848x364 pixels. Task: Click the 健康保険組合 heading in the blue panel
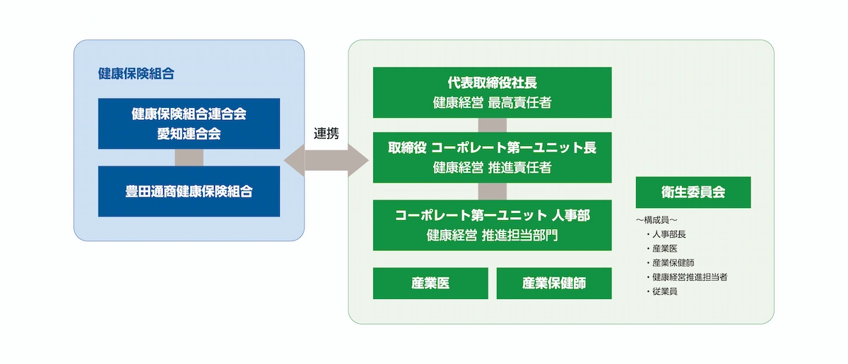(136, 73)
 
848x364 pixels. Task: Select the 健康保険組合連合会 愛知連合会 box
(189, 123)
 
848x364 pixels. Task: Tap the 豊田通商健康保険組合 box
(189, 191)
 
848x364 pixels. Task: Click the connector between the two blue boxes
(189, 157)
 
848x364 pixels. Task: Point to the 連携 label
(326, 133)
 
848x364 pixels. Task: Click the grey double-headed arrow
(326, 162)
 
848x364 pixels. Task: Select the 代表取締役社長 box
(492, 92)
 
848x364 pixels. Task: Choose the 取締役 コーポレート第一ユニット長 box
(492, 157)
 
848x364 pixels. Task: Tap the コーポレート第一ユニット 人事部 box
(492, 225)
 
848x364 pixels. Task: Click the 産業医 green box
(430, 283)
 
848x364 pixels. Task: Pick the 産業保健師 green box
(554, 283)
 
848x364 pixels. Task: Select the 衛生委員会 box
(693, 192)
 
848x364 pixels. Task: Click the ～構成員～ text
(657, 220)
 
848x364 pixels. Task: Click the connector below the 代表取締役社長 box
(492, 125)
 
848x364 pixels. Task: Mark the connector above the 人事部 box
(492, 191)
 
